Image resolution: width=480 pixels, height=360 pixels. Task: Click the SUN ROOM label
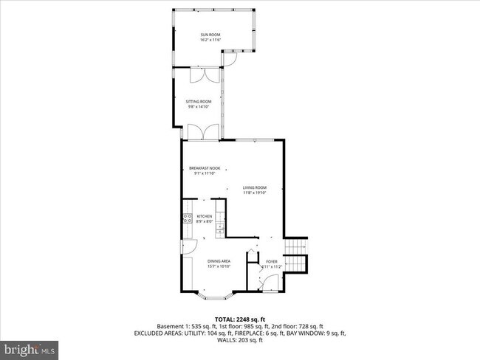tap(210, 35)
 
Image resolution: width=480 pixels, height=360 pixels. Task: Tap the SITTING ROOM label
tap(199, 102)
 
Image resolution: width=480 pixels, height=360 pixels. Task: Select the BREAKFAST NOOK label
tap(205, 169)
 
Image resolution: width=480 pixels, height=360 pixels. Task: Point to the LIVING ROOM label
tap(255, 187)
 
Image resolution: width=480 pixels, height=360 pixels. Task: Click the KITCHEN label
tap(205, 217)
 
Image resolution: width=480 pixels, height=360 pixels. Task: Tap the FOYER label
tap(272, 261)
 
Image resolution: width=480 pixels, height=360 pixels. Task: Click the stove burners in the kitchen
tap(187, 218)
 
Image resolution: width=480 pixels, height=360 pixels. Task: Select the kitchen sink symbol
tap(220, 229)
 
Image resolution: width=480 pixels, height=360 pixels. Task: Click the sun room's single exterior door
tap(230, 57)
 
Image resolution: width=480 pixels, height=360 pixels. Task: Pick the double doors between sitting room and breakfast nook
tap(202, 133)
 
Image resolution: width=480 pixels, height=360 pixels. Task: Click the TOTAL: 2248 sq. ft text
tap(240, 319)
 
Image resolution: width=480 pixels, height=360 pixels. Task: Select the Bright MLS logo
tap(30, 347)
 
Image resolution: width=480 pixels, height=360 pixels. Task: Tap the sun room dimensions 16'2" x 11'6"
tap(210, 40)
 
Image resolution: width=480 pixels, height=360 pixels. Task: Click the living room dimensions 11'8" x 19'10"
tap(255, 193)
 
